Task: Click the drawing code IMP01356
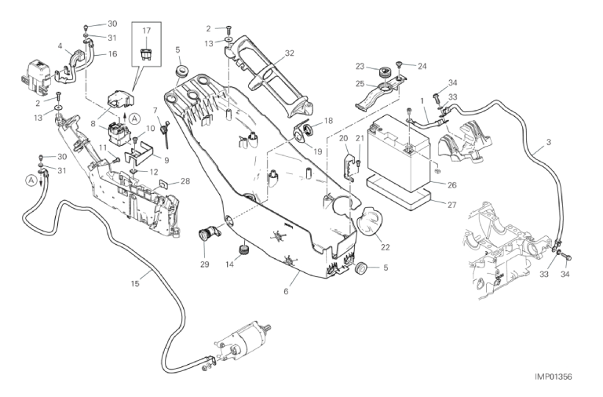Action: click(553, 377)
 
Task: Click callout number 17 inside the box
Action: click(146, 31)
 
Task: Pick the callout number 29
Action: click(206, 265)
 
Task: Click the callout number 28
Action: click(185, 181)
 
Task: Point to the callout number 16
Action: click(112, 54)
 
